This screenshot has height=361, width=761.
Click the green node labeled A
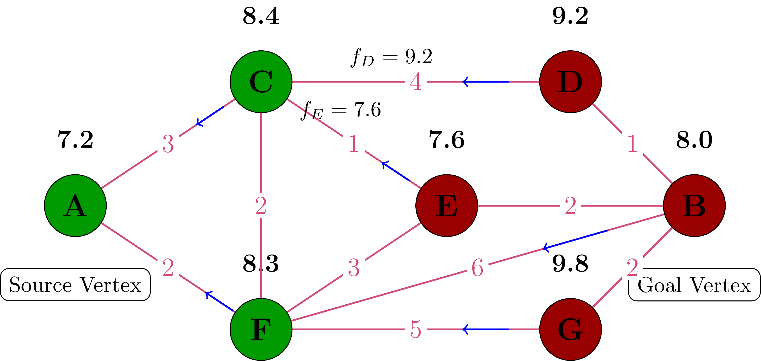coord(75,206)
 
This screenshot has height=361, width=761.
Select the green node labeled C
coord(261,82)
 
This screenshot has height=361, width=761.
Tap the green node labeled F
coord(261,329)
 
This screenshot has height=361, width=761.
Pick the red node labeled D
coord(570,82)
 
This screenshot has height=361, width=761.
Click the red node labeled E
coord(446,206)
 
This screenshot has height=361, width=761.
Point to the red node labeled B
coord(694,206)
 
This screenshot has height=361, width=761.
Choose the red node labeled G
coord(570,329)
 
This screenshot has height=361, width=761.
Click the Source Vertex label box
coord(75,284)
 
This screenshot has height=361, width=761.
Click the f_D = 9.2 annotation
coord(392,57)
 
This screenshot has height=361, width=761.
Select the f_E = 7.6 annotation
coord(341,110)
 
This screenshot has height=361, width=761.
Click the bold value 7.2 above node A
coord(75,139)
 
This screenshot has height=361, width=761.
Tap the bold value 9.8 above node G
coord(570,263)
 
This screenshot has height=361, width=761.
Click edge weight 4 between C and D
coord(416,82)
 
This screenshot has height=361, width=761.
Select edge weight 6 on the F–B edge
coord(477,268)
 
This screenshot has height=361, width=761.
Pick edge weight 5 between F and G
coord(416,329)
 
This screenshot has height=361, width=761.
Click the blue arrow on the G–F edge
coord(485,329)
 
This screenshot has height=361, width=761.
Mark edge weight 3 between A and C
coord(168,144)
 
